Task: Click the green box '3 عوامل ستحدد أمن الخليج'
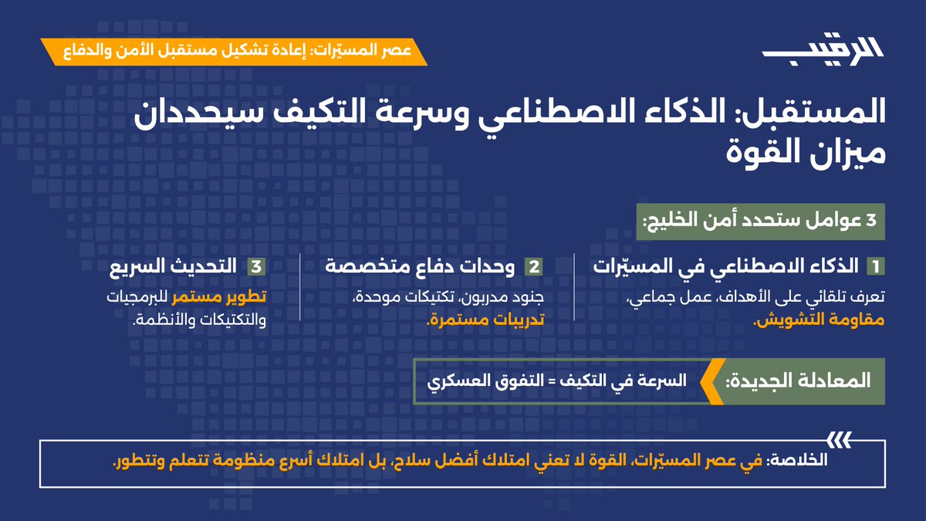[759, 221]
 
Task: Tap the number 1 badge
[875, 267]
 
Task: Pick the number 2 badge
[533, 267]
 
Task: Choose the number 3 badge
[255, 267]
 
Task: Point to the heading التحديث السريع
[177, 267]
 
